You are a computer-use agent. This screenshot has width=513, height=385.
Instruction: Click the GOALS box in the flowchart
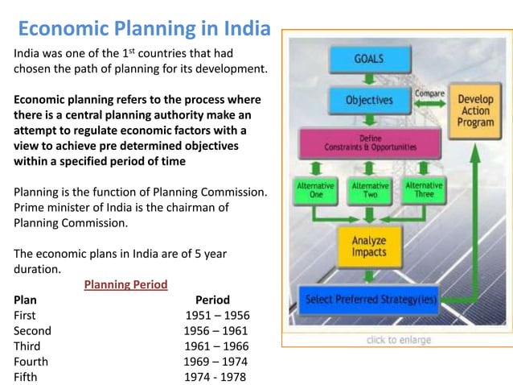click(x=369, y=60)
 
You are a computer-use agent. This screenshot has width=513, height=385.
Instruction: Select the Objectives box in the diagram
click(x=369, y=101)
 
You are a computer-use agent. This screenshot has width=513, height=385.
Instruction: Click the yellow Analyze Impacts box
click(x=370, y=246)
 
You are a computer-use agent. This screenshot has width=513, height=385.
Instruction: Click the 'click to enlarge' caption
click(x=399, y=340)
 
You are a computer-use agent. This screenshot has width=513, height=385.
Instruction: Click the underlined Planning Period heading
click(x=126, y=284)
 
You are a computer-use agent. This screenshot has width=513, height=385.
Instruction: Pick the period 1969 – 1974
click(x=215, y=361)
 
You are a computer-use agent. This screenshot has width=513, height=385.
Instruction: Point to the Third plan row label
click(x=27, y=346)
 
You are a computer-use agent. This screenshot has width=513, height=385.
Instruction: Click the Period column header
click(x=212, y=300)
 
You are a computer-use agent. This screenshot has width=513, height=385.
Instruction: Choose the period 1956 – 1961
click(x=215, y=330)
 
